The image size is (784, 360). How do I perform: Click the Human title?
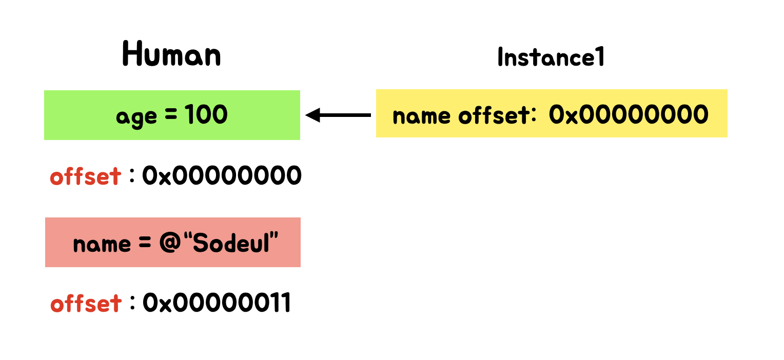172,54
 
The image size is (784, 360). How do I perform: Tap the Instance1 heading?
551,57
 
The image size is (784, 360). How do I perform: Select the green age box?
172,115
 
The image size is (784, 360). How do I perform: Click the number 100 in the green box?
206,115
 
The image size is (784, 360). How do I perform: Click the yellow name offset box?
552,113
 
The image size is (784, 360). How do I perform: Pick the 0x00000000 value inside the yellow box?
629,114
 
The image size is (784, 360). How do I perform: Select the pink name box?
173,242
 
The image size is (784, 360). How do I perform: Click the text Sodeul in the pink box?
238,244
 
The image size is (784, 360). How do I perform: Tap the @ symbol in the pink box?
168,244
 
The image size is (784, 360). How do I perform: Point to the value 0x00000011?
217,303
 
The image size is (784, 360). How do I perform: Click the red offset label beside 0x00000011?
86,303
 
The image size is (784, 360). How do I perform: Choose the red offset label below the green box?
86,176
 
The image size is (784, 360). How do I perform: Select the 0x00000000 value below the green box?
222,176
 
